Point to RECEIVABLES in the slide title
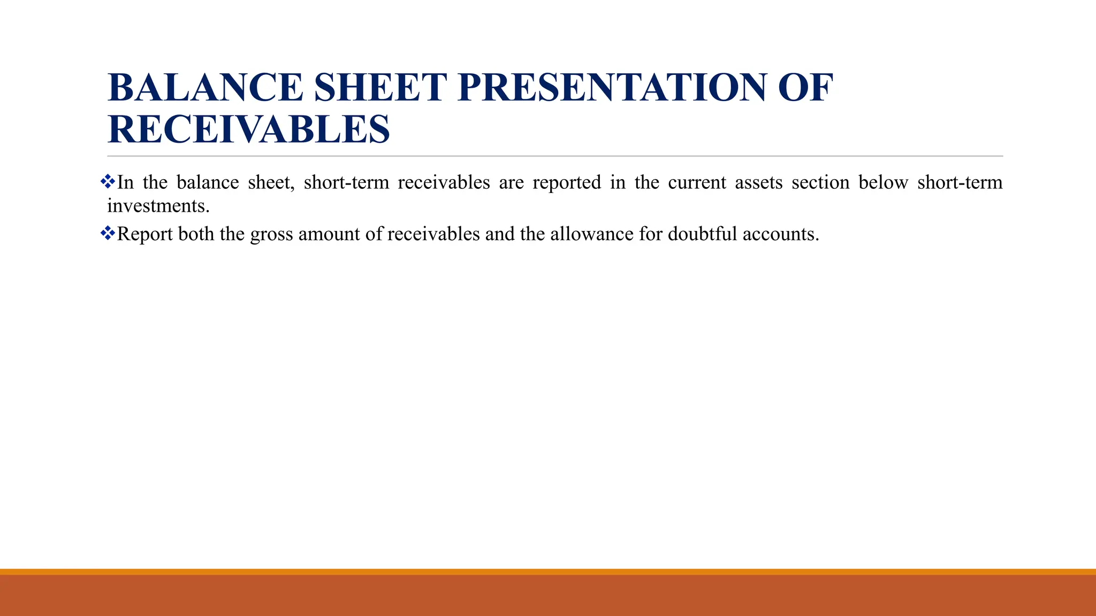(249, 129)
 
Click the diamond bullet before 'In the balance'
(108, 181)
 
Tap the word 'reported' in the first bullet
(567, 183)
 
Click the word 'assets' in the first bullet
(758, 183)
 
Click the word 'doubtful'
(702, 234)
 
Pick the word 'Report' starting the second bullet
(144, 235)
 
